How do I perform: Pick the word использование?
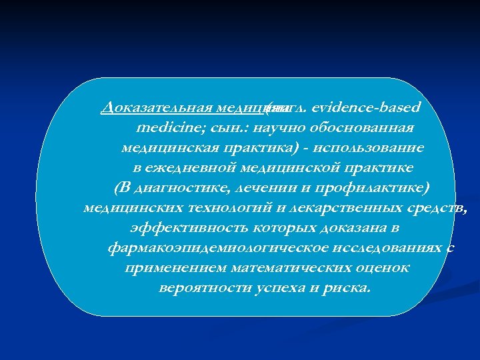(x=376, y=147)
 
